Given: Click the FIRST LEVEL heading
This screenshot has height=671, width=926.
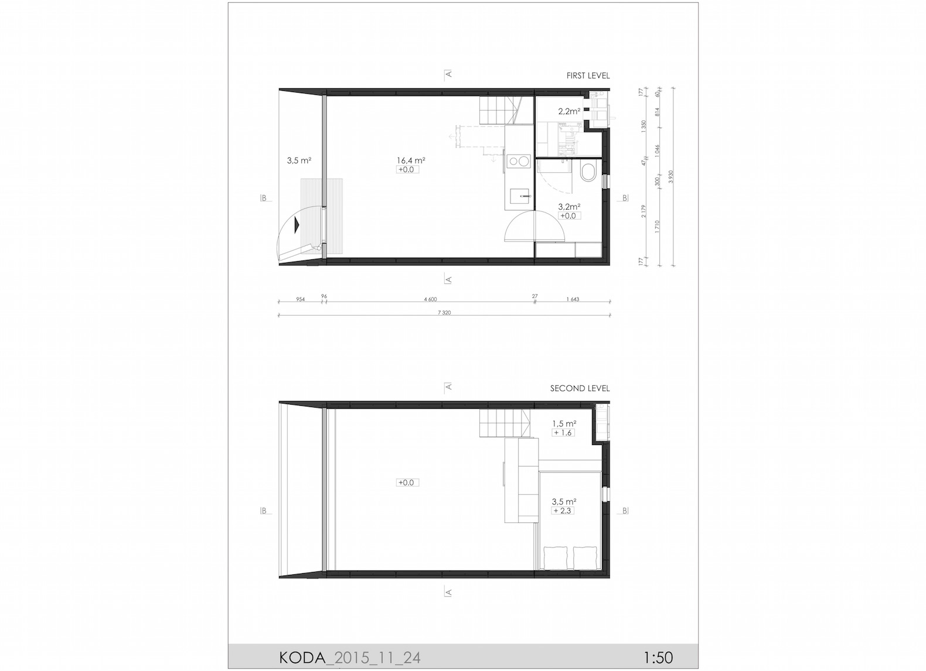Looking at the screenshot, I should (588, 76).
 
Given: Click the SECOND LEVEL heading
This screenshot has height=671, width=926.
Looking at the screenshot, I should (580, 388).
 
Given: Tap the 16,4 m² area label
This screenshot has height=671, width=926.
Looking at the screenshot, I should (410, 160).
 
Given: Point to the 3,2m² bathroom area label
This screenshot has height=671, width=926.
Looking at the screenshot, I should (569, 207).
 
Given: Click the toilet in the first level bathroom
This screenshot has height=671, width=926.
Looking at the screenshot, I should (587, 173).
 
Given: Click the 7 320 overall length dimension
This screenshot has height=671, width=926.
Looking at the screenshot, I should (444, 313).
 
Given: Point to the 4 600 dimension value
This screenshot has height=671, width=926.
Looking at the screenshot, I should (430, 299).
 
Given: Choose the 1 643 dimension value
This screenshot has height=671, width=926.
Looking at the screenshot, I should (573, 299).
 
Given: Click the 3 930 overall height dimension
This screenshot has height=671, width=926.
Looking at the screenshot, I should (672, 177).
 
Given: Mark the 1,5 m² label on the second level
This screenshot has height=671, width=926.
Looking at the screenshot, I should (564, 423).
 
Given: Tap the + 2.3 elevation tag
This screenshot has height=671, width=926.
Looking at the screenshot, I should (563, 511).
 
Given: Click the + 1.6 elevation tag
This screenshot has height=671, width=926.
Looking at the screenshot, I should (563, 433).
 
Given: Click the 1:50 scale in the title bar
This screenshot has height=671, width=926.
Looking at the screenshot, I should (658, 658).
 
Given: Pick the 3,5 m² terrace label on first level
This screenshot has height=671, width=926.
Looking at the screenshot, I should (298, 160).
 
